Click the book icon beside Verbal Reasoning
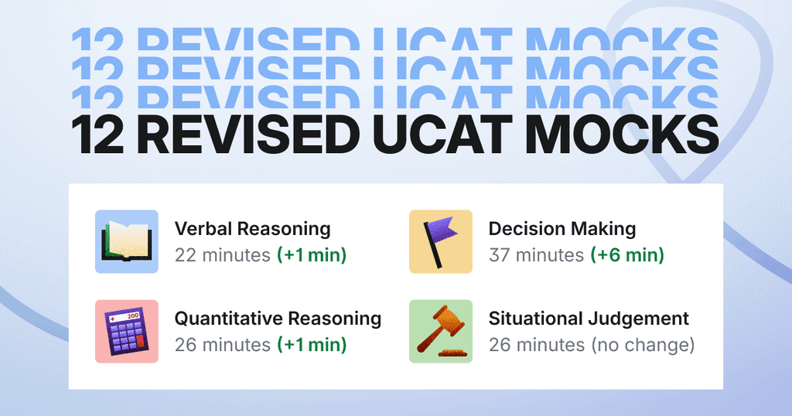tap(126, 241)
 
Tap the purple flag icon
tap(440, 241)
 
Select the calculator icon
tap(126, 332)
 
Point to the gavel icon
tap(440, 330)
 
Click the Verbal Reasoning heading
tap(252, 229)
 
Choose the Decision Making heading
tap(562, 229)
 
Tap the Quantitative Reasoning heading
tap(278, 319)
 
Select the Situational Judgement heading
tap(589, 319)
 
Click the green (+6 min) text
tap(627, 254)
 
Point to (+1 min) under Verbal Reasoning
tap(312, 254)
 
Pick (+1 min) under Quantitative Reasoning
tap(312, 345)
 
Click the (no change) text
tap(643, 345)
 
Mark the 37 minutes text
tap(536, 254)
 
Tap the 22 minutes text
tap(222, 254)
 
